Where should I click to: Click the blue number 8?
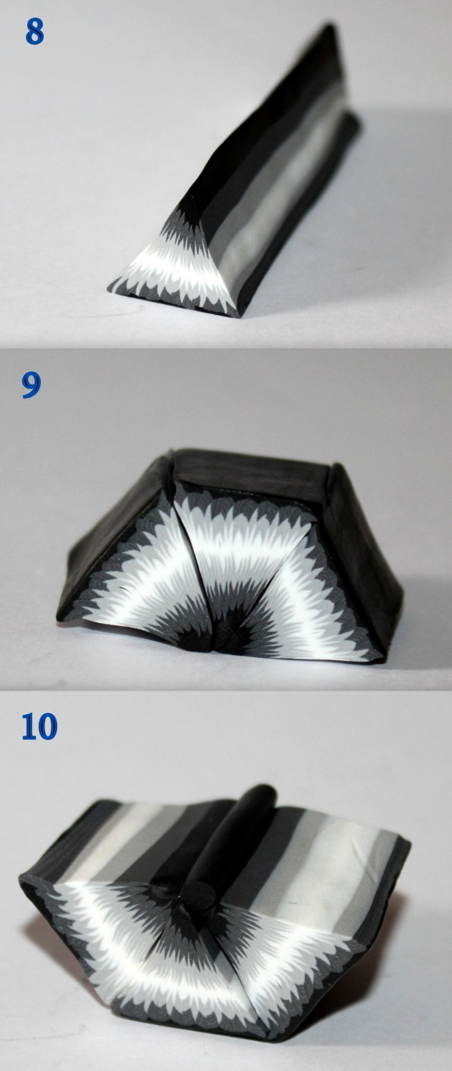[35, 33]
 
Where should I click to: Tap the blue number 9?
[31, 386]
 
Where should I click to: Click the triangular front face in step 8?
[176, 268]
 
